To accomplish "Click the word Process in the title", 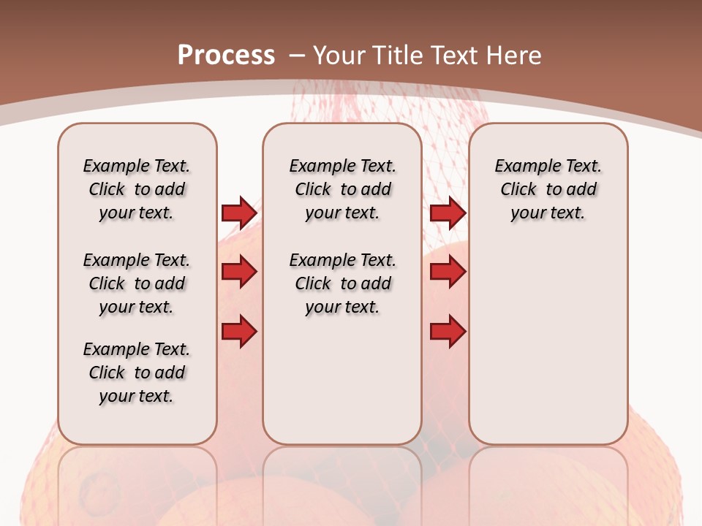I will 226,55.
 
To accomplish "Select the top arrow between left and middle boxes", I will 239,213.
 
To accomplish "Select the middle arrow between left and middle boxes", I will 239,272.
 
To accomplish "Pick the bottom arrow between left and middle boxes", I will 239,332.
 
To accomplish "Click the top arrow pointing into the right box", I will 448,213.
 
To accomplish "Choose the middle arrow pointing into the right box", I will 448,272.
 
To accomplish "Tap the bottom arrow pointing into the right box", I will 448,332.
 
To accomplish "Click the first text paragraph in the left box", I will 137,189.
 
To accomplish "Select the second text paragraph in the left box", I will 137,283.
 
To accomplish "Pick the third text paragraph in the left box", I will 137,373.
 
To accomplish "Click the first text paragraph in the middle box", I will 343,189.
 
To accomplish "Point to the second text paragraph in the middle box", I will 343,283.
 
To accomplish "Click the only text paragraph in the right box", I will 548,189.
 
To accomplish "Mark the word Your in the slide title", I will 340,55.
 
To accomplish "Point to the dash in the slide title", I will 297,56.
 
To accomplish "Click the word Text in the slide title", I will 456,55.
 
